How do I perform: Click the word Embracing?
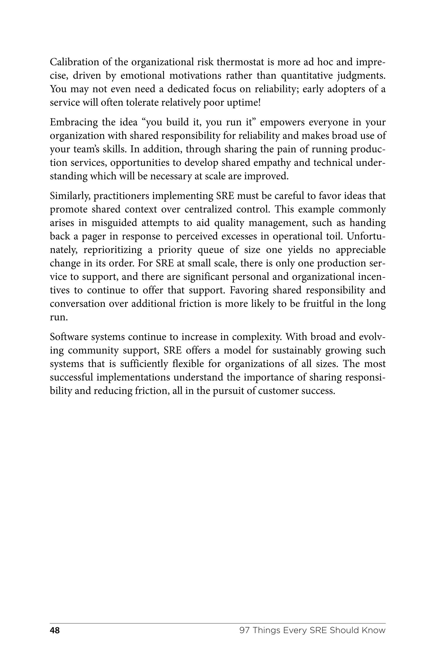(x=74, y=122)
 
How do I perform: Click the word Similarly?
(x=70, y=196)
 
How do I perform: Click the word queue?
(x=208, y=250)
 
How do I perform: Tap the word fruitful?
(x=318, y=304)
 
